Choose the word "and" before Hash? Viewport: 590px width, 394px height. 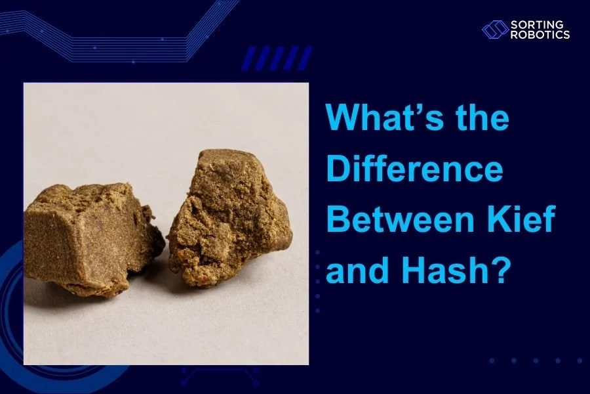356,269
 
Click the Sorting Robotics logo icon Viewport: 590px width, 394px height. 495,30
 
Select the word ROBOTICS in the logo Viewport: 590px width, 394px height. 540,35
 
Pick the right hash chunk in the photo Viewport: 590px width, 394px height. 226,220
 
